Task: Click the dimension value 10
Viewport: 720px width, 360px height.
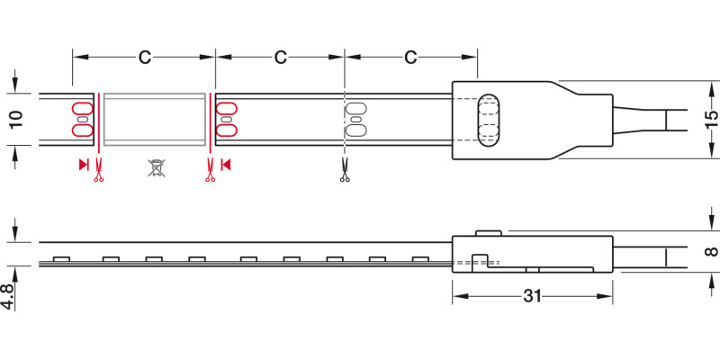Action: (16, 120)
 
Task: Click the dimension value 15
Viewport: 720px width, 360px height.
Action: (711, 120)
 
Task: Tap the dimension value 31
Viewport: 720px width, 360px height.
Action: (533, 296)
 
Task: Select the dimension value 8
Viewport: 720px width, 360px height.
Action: (711, 251)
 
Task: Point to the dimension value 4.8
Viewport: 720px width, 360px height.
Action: (8, 296)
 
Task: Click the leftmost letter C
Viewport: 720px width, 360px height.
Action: (145, 58)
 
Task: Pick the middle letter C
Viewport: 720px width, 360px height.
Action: (281, 58)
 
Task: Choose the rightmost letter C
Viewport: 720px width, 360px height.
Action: (410, 58)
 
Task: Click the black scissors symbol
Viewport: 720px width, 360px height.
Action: (345, 170)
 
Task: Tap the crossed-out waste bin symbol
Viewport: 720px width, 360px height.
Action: (157, 168)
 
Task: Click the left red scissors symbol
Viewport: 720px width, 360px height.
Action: (98, 170)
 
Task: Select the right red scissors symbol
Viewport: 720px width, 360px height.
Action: (210, 170)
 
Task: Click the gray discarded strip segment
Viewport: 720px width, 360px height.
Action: (154, 120)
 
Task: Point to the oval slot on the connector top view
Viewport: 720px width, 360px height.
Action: (488, 121)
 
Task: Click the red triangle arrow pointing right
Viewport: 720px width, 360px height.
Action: (83, 165)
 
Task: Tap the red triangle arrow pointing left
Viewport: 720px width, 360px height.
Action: (225, 165)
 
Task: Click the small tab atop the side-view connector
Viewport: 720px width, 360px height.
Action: (488, 233)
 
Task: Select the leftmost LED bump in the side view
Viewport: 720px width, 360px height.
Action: (61, 259)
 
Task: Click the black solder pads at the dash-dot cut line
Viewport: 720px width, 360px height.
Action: (355, 120)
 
